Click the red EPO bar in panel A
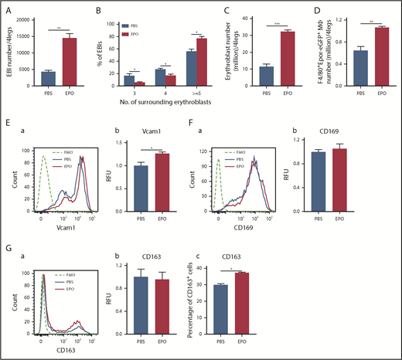pyautogui.click(x=72, y=66)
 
